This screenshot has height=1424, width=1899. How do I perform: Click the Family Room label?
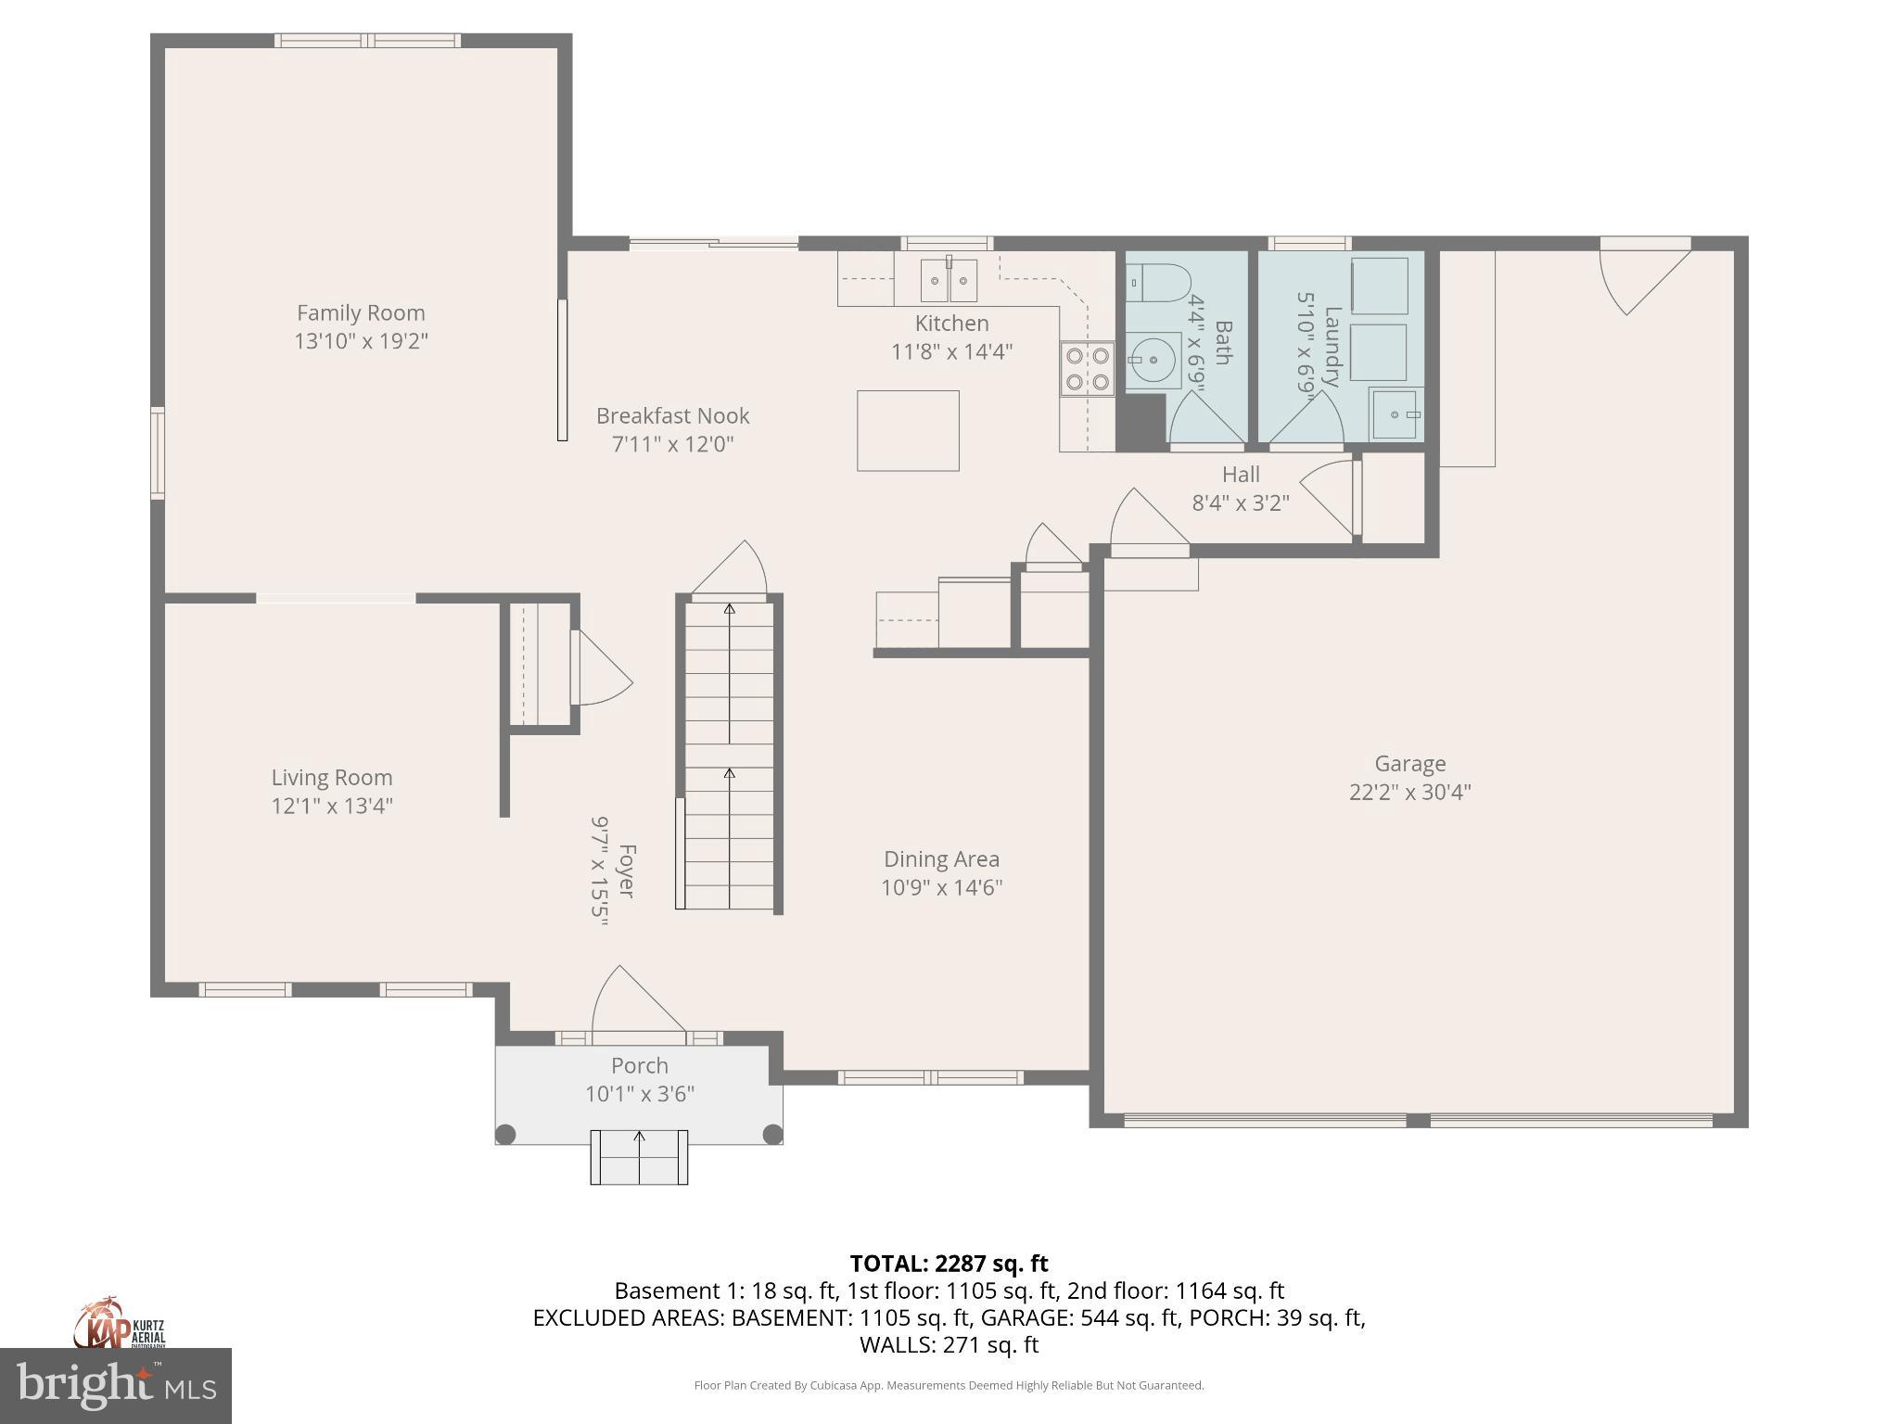pyautogui.click(x=361, y=313)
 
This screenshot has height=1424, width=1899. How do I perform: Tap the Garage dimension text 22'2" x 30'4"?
pyautogui.click(x=1409, y=793)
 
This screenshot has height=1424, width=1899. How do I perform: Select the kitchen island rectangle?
pyautogui.click(x=908, y=430)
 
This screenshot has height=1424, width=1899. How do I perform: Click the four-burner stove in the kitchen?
pyautogui.click(x=1088, y=368)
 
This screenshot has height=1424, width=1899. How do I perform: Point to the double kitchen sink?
pyautogui.click(x=949, y=280)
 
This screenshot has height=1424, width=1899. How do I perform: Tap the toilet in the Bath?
pyautogui.click(x=1159, y=282)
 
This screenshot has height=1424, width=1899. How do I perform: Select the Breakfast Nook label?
pyautogui.click(x=672, y=416)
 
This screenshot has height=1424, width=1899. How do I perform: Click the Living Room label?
pyautogui.click(x=332, y=778)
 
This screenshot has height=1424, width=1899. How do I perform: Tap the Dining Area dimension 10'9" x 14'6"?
pyautogui.click(x=941, y=888)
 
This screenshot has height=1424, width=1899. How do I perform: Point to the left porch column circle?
pyautogui.click(x=506, y=1134)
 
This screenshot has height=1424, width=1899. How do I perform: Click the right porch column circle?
pyautogui.click(x=772, y=1134)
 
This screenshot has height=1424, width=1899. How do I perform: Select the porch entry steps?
pyautogui.click(x=639, y=1157)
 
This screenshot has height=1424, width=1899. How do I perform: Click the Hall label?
pyautogui.click(x=1241, y=475)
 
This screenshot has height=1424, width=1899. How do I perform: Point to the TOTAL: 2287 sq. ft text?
pyautogui.click(x=949, y=1264)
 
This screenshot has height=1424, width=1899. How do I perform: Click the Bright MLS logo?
pyautogui.click(x=116, y=1386)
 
